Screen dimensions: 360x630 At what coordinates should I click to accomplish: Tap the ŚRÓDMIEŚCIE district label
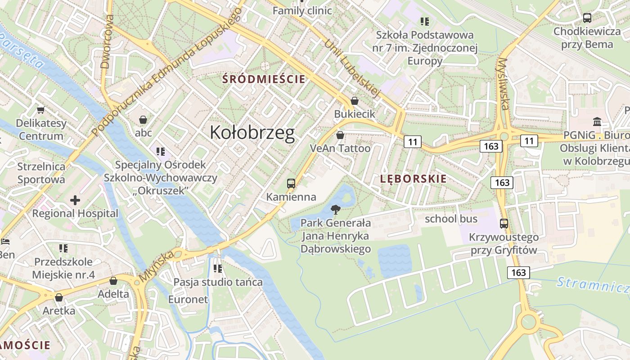pyautogui.click(x=265, y=79)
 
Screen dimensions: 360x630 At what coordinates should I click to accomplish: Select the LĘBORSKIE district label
pyautogui.click(x=414, y=179)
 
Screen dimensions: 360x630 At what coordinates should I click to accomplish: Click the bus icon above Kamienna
pyautogui.click(x=291, y=184)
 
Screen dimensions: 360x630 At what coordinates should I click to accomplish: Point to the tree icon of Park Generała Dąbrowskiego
pyautogui.click(x=335, y=209)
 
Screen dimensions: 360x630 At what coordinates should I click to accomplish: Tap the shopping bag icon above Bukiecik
pyautogui.click(x=355, y=101)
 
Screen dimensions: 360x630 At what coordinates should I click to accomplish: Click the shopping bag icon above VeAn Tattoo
pyautogui.click(x=340, y=135)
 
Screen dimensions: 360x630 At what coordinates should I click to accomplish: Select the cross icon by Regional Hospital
pyautogui.click(x=75, y=200)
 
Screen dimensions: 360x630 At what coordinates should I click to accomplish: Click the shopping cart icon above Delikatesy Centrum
pyautogui.click(x=41, y=110)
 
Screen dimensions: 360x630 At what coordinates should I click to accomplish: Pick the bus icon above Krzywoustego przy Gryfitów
pyautogui.click(x=504, y=224)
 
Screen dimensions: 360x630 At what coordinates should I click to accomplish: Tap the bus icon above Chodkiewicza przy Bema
pyautogui.click(x=587, y=18)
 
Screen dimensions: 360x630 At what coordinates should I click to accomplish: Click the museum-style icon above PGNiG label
pyautogui.click(x=598, y=121)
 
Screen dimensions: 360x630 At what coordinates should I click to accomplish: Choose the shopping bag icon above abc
pyautogui.click(x=143, y=120)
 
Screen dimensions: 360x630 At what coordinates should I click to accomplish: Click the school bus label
pyautogui.click(x=451, y=219)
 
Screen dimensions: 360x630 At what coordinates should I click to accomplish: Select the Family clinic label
pyautogui.click(x=302, y=10)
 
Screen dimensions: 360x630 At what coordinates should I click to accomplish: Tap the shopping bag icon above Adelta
pyautogui.click(x=113, y=281)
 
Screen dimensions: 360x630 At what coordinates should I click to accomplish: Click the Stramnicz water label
pyautogui.click(x=592, y=284)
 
